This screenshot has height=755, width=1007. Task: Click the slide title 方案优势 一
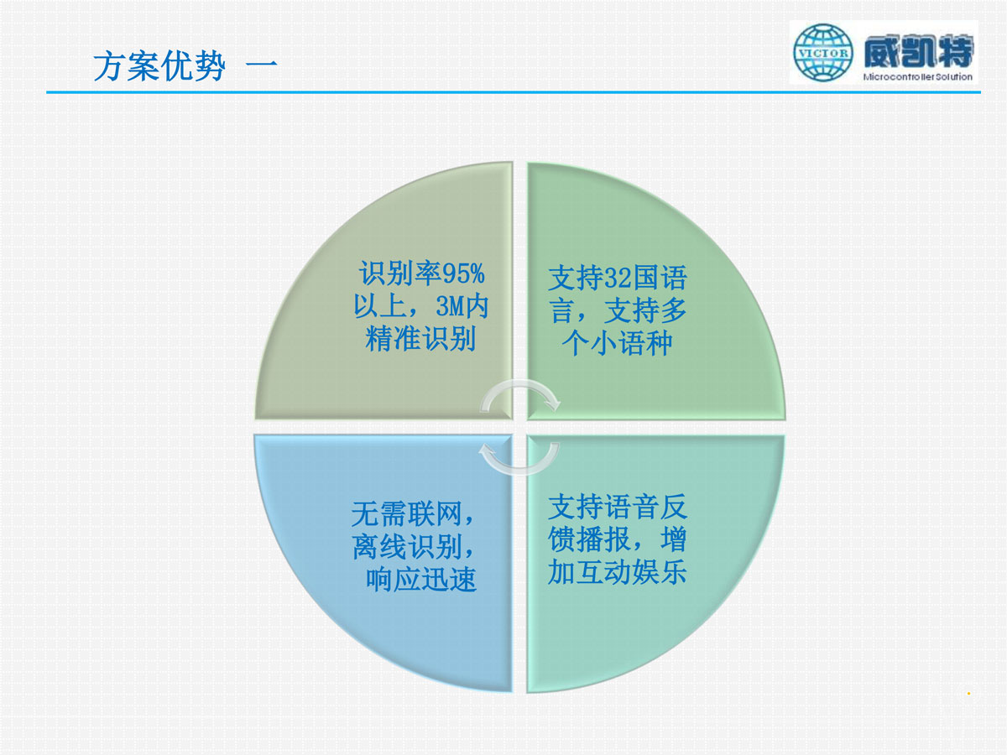coord(185,66)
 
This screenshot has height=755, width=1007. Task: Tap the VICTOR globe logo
coord(823,53)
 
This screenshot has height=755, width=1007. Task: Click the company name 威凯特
coord(918,51)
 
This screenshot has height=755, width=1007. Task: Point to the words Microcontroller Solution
coord(917,76)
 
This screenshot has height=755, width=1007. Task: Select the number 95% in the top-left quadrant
coord(463,273)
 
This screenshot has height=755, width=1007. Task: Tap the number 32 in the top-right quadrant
coord(618,278)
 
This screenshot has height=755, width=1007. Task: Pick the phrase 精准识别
coord(420,339)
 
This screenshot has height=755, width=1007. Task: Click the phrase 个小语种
coord(617,343)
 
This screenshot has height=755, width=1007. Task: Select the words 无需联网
coord(406,513)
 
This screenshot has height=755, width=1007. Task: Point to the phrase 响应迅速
coord(421,580)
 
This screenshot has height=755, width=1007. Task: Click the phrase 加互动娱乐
coord(618,571)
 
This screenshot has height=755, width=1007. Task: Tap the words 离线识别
coord(406,546)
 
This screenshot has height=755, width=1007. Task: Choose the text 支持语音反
coord(618,506)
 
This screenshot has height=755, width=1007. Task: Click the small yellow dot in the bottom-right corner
coord(968,694)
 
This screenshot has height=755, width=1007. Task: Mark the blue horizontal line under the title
coord(514,92)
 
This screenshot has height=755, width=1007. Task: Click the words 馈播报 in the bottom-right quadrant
coord(590,539)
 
